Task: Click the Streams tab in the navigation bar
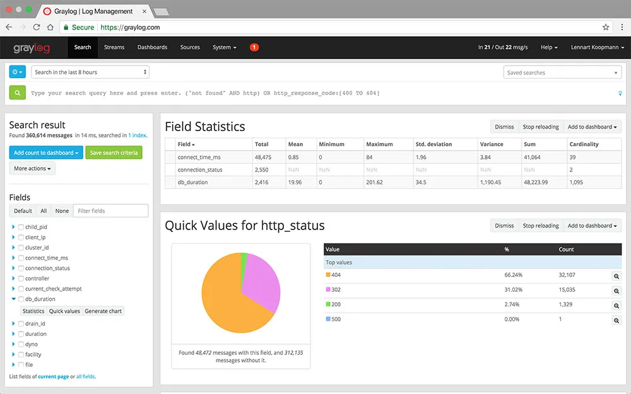point(114,47)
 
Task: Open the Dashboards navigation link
point(152,47)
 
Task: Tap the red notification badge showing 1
point(254,47)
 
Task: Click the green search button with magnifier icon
point(18,93)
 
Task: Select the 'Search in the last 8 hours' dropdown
point(90,72)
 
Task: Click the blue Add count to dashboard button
point(46,153)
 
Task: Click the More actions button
point(33,168)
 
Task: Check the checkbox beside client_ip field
point(21,238)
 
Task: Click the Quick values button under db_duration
point(64,311)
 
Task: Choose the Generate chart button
point(103,311)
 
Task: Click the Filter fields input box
point(110,211)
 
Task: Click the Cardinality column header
point(584,144)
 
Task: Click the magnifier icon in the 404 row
point(616,276)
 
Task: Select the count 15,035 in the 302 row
point(567,290)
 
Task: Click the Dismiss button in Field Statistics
point(504,127)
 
